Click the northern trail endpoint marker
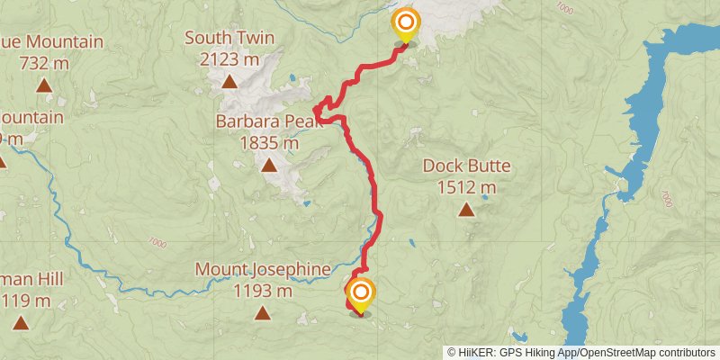[406, 23]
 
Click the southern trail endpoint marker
[361, 293]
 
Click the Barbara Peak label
[269, 121]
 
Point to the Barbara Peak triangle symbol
[269, 165]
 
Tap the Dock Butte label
[466, 166]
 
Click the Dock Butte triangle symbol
[466, 210]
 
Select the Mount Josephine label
[263, 269]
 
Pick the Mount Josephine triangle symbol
[263, 313]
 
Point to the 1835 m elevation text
[269, 142]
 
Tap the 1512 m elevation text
[466, 187]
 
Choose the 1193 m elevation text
[263, 291]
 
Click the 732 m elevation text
[44, 63]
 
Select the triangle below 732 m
[44, 86]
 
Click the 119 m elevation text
[22, 301]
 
